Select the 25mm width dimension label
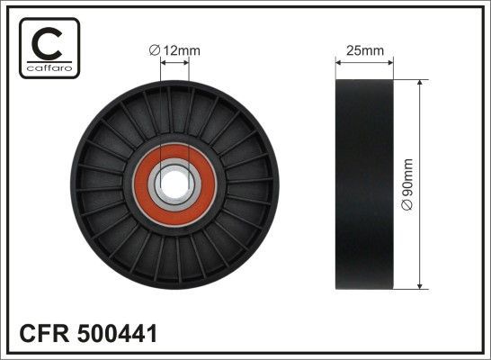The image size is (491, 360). [x=364, y=51]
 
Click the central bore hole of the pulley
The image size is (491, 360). [x=177, y=185]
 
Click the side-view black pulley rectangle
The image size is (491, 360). [x=365, y=185]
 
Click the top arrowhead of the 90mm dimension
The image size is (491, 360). [x=421, y=83]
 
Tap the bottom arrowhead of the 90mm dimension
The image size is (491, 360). [x=421, y=286]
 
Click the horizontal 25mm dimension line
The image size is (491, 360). [x=364, y=62]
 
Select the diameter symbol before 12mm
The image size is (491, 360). [x=155, y=51]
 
